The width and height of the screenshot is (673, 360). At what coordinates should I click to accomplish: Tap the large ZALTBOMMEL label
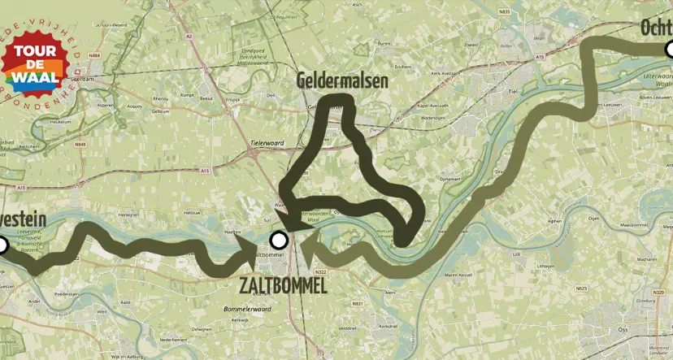[284, 285]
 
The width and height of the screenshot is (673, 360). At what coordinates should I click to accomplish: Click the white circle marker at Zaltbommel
[279, 240]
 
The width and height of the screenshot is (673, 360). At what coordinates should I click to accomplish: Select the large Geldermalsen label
[342, 81]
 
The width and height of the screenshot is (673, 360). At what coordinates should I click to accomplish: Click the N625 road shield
[580, 288]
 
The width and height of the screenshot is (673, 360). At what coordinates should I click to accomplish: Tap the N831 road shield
[357, 303]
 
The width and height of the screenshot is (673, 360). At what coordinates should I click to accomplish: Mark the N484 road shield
[94, 55]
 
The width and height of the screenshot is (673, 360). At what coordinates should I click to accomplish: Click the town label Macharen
[647, 259]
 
